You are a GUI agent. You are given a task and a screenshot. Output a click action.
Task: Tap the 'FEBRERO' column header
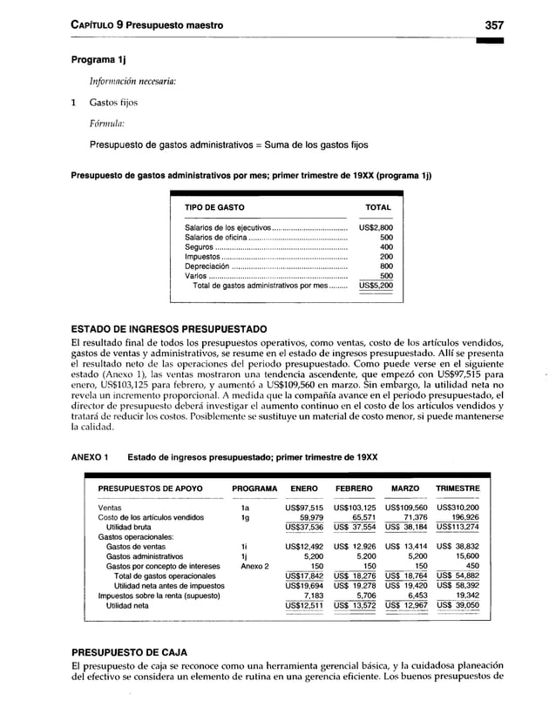pyautogui.click(x=356, y=488)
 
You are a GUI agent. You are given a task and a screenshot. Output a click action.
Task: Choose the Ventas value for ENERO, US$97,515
pyautogui.click(x=304, y=507)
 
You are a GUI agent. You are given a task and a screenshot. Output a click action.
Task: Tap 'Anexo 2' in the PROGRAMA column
pyautogui.click(x=254, y=565)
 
